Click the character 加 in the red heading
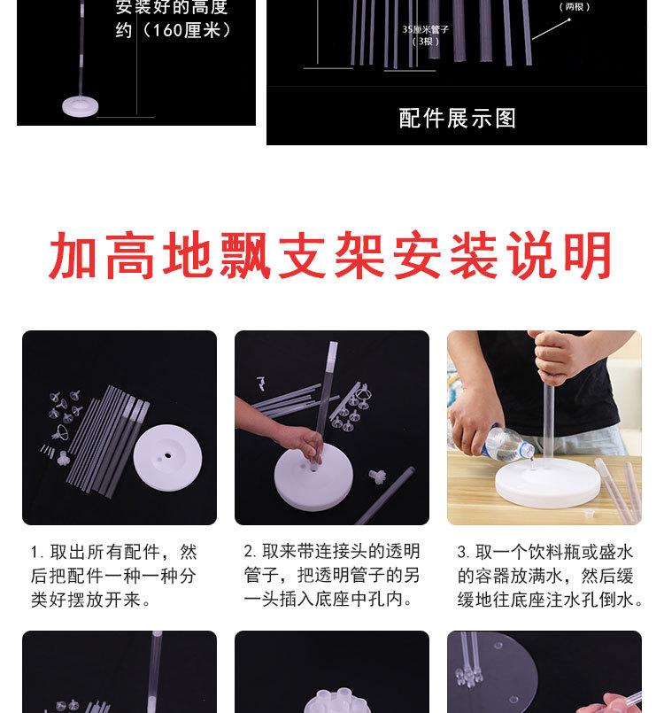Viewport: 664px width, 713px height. [73, 256]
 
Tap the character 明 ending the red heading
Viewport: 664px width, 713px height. [588, 256]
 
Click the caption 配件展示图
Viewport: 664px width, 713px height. [458, 118]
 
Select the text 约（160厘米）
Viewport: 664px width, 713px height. [174, 30]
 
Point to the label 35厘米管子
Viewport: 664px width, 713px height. [425, 29]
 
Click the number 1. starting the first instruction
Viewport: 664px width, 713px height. [37, 552]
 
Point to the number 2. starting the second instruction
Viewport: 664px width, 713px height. [251, 552]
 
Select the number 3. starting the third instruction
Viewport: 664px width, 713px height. [463, 552]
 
